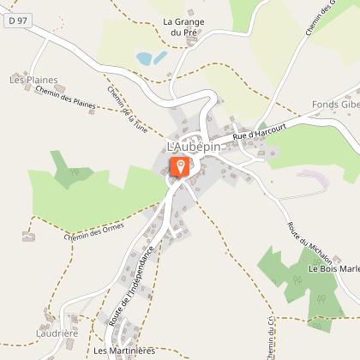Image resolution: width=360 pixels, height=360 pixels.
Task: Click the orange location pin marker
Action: [180, 165]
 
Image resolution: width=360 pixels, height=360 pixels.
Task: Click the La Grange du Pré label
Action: [183, 27]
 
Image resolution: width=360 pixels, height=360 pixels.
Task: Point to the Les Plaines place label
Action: [33, 80]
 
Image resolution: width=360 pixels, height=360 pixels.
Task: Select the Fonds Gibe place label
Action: [338, 104]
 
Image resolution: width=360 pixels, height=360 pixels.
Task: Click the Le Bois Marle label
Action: [334, 267]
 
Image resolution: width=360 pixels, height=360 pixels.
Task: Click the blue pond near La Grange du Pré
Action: [152, 58]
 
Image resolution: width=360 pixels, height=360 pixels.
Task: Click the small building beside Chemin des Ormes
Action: [28, 235]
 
